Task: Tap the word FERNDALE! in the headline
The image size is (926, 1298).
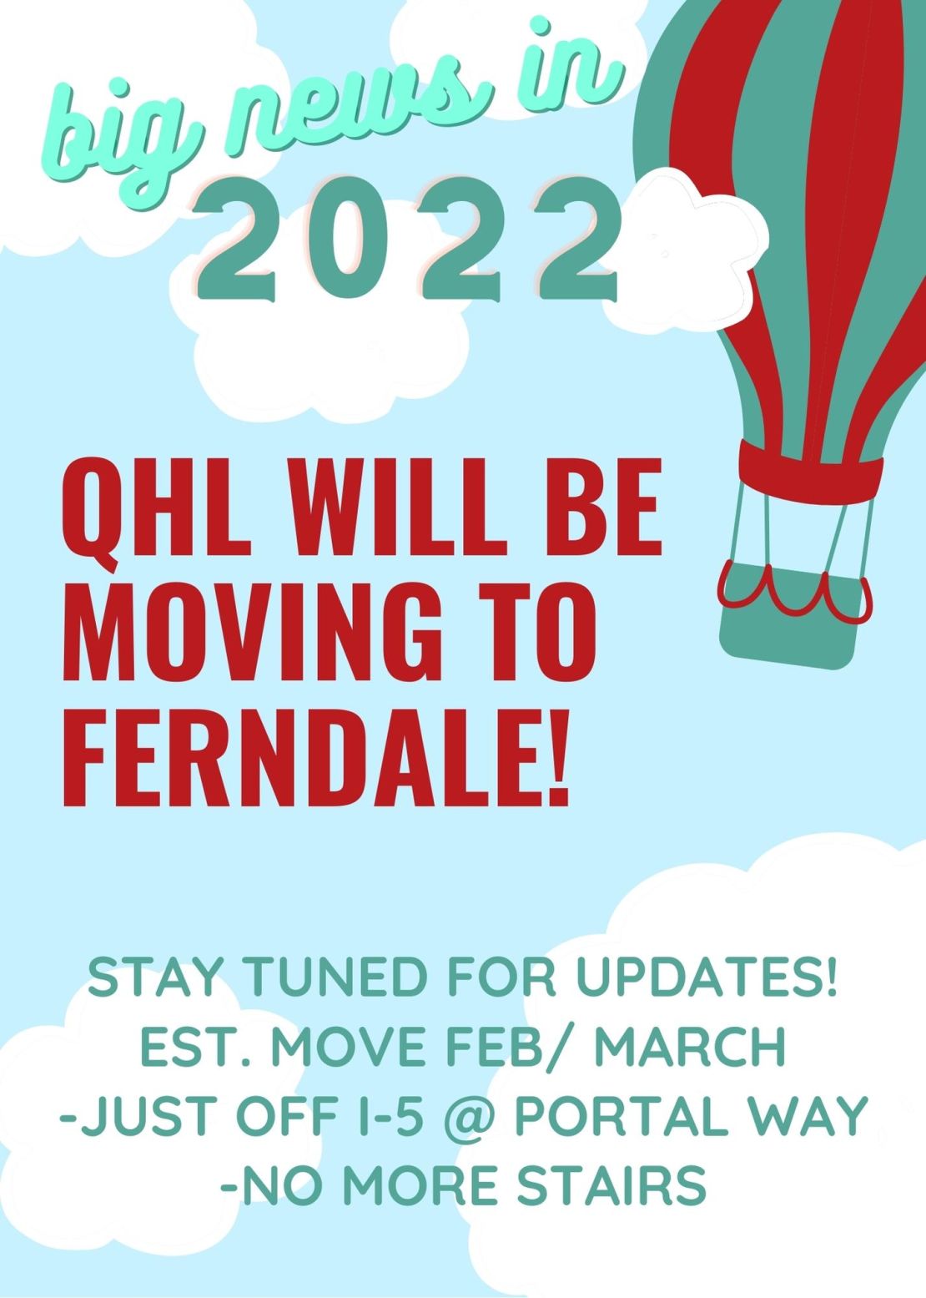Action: tap(315, 755)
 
